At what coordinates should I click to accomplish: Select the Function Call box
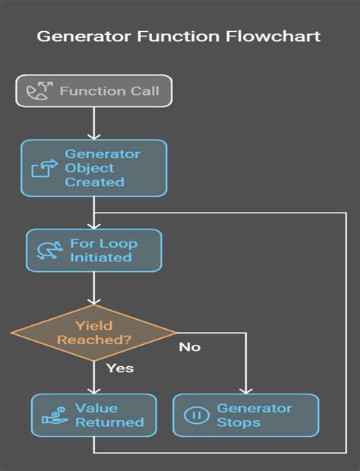pos(94,92)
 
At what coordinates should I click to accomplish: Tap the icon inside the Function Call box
pos(37,92)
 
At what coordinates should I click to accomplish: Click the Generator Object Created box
pos(93,168)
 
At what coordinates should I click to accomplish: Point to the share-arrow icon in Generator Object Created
pos(43,168)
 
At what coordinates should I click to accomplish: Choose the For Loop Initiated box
pos(93,250)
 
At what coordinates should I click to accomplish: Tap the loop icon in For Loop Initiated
pos(49,250)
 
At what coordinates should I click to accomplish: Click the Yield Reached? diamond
pos(93,333)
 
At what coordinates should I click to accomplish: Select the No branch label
pos(190,347)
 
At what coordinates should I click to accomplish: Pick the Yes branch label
pos(118,368)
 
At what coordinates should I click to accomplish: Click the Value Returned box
pos(93,415)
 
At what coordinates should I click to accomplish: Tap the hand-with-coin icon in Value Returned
pos(52,416)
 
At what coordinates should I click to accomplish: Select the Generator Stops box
pos(245,415)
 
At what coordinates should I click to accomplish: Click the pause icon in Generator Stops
pos(194,416)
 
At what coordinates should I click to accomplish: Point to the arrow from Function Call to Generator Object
pos(93,123)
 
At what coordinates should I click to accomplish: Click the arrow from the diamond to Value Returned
pos(93,376)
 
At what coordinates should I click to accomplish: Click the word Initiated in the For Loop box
pos(100,258)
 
